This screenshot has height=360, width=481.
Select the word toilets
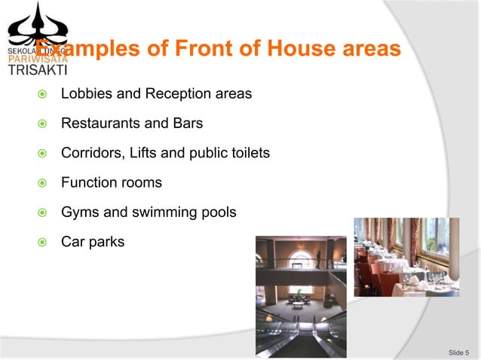pyautogui.click(x=247, y=153)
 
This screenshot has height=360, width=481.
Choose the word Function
pyautogui.click(x=87, y=182)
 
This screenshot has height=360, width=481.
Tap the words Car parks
pyautogui.click(x=93, y=242)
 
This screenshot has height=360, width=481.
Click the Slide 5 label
pyautogui.click(x=458, y=352)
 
